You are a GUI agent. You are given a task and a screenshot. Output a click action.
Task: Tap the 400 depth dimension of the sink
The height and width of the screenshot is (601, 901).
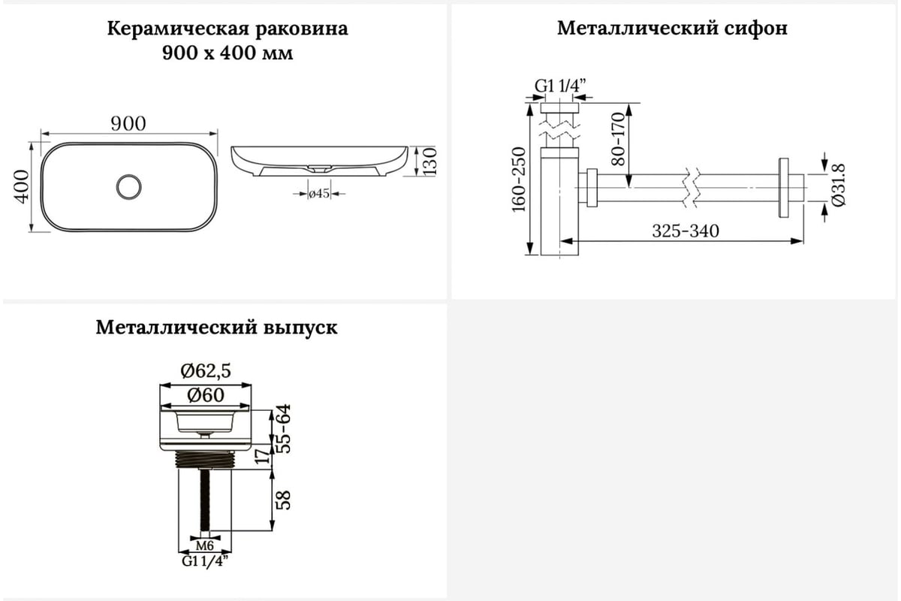click(21, 186)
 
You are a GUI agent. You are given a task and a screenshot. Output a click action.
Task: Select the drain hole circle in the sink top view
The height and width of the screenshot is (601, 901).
click(129, 186)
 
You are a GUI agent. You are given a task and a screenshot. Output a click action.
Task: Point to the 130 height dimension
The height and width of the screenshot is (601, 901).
click(430, 162)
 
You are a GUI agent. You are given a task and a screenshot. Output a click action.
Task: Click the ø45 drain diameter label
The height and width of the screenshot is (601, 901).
click(320, 194)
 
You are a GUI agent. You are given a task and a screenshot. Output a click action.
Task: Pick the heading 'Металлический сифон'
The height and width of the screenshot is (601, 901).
click(672, 29)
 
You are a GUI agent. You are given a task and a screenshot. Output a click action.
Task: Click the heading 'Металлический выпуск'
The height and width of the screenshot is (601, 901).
click(216, 328)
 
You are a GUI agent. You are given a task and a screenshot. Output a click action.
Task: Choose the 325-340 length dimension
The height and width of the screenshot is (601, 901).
click(685, 231)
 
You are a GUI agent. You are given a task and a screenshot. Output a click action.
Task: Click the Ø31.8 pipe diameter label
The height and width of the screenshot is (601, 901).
click(839, 186)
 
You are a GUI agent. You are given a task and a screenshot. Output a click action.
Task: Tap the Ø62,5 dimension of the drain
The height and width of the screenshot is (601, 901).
click(206, 370)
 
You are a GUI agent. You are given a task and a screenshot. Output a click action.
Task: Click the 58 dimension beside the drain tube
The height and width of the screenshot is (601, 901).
click(284, 500)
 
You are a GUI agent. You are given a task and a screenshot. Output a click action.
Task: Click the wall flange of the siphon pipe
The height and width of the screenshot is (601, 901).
click(784, 186)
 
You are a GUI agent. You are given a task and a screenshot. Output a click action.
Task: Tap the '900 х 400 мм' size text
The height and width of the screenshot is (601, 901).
click(228, 53)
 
